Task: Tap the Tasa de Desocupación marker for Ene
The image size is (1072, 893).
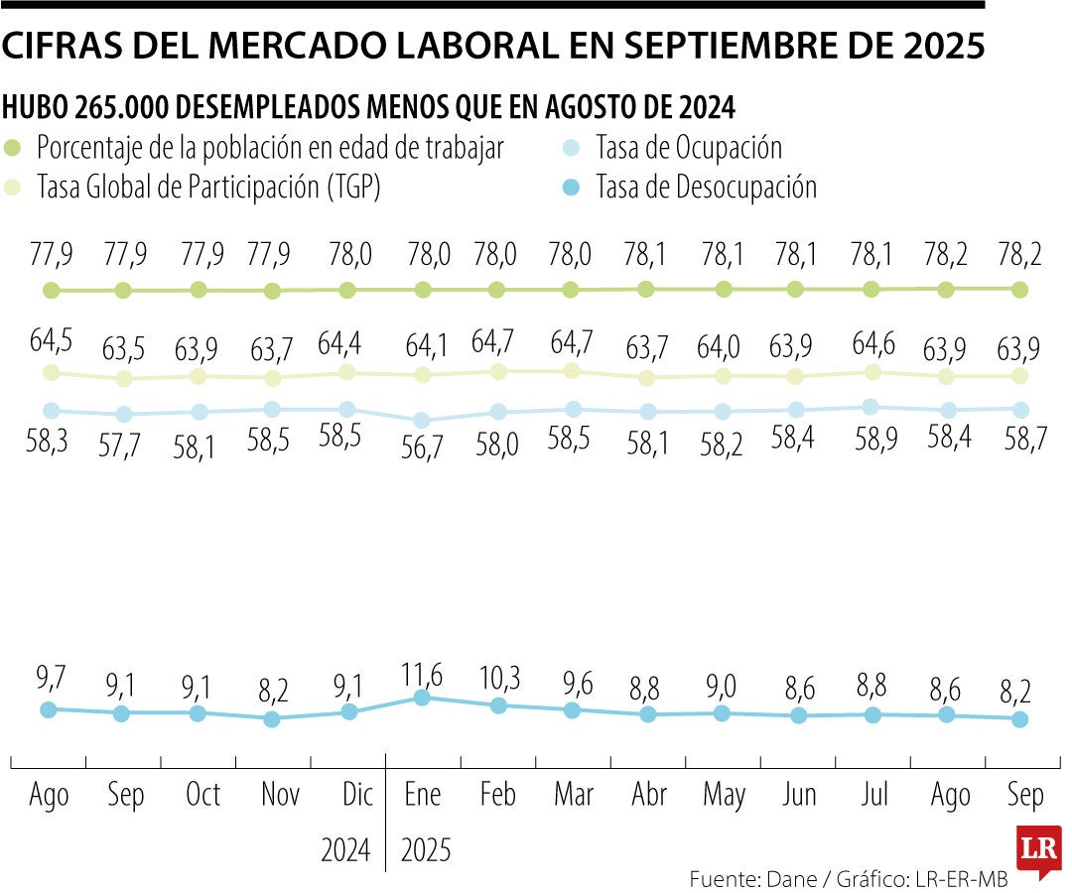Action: point(422,698)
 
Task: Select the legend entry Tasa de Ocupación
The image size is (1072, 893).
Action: point(688,148)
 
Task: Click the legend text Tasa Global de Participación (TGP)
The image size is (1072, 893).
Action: point(208,187)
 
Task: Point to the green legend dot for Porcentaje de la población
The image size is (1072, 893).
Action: point(13,148)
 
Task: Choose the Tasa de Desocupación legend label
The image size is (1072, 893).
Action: point(706,187)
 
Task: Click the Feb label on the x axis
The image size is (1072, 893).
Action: point(497,795)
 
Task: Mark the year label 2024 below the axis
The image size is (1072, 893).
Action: point(345,850)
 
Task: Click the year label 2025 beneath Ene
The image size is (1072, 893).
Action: point(426,850)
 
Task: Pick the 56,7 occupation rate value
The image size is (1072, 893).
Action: point(422,446)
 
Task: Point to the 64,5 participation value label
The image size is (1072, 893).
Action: point(51,341)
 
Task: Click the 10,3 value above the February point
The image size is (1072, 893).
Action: point(497,680)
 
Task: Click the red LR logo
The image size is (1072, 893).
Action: point(1038,850)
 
